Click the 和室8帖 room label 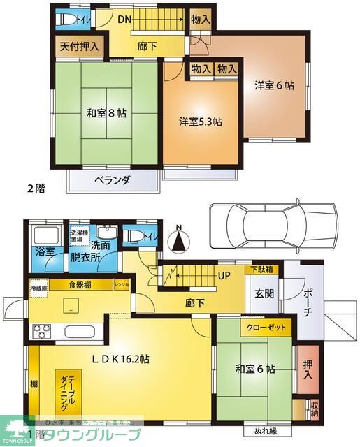coord(106,113)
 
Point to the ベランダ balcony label coord(113,180)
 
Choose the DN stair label coord(125,20)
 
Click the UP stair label coord(224,274)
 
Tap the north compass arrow coord(180,241)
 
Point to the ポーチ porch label coord(308,302)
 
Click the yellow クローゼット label coord(265,326)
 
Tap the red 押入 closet coord(308,367)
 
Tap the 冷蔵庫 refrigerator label coord(38,287)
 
